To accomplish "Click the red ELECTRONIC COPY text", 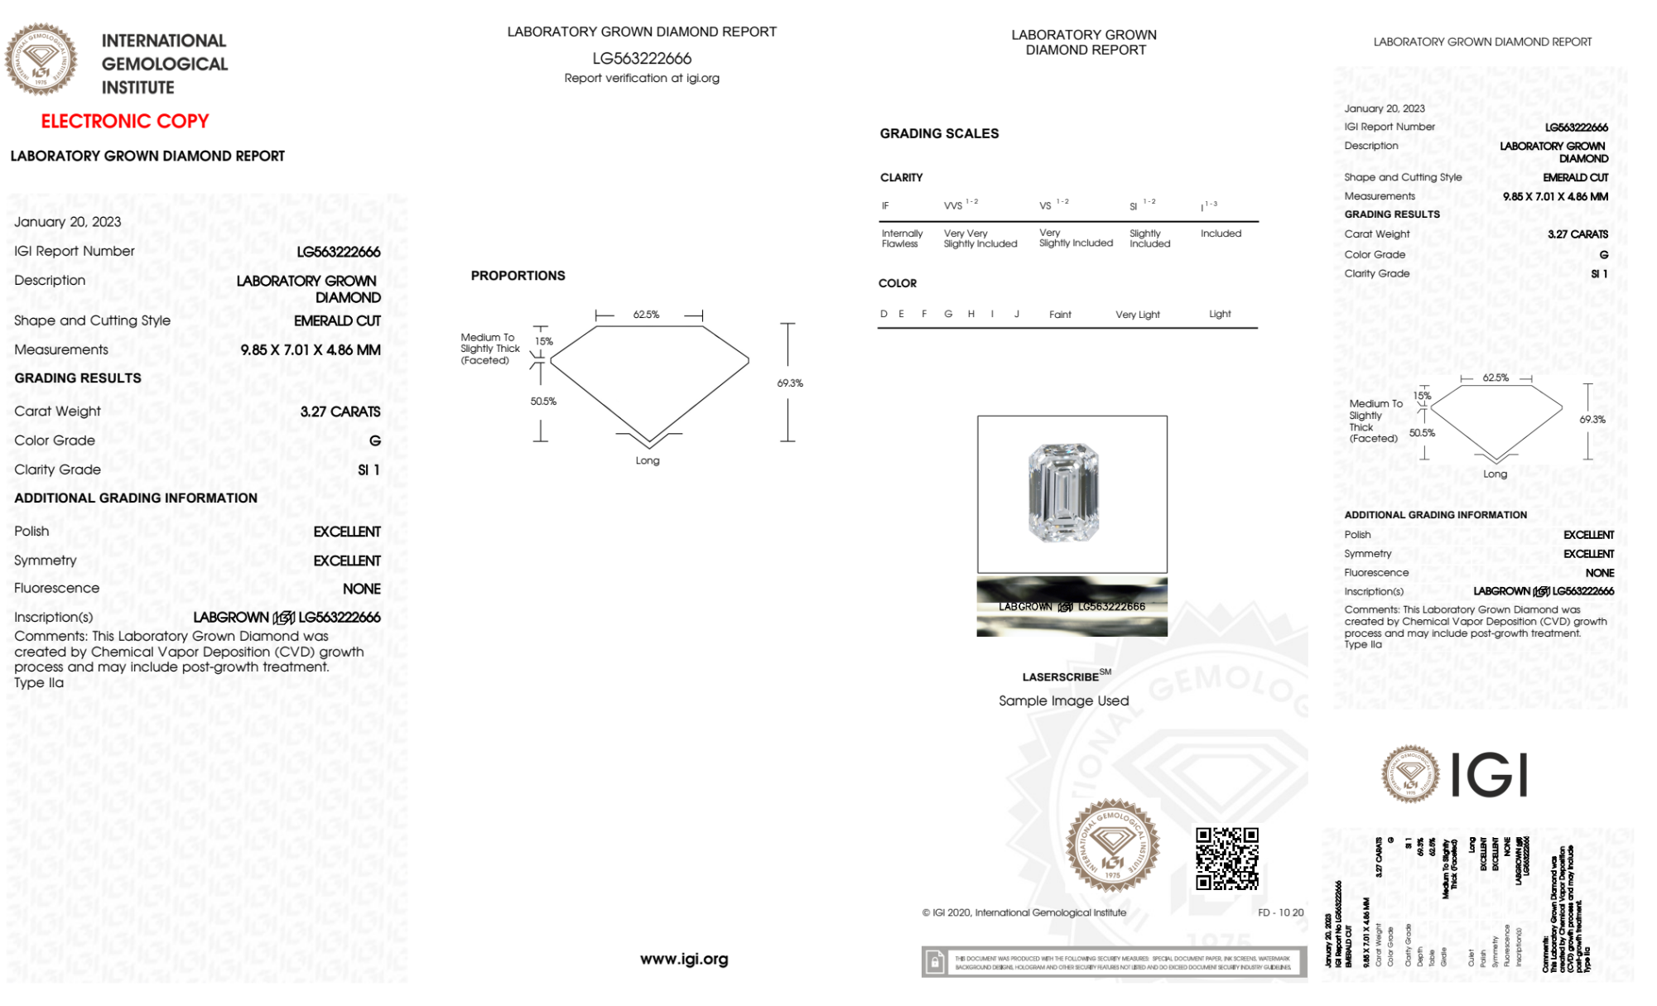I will (125, 122).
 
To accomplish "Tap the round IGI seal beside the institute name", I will (41, 60).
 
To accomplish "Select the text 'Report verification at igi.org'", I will (642, 79).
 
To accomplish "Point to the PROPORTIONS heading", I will (518, 276).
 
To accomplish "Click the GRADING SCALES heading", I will (939, 134).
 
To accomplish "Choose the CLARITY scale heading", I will (901, 178).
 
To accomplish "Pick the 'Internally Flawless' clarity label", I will (902, 238).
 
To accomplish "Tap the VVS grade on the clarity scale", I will (954, 205).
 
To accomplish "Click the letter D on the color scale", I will (884, 315).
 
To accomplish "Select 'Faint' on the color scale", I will (1060, 315).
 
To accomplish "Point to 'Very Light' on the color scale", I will (1137, 315).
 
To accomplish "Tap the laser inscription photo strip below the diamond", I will (1072, 607).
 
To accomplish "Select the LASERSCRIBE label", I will (1061, 677).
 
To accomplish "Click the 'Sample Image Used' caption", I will (1063, 701).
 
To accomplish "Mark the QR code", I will (1226, 859).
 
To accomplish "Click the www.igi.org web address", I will (684, 960).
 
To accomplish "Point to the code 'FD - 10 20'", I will (1280, 913).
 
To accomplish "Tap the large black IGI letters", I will (1490, 776).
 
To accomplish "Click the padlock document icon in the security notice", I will (935, 962).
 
